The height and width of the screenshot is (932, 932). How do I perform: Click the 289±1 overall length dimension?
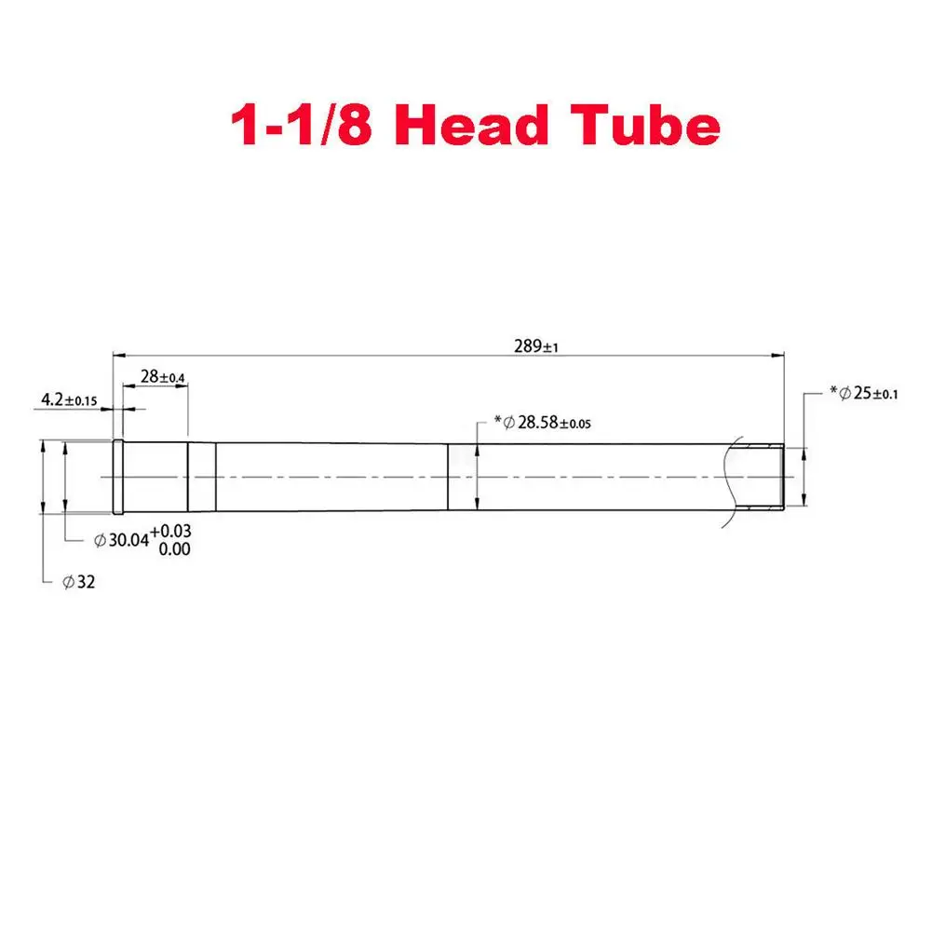click(536, 346)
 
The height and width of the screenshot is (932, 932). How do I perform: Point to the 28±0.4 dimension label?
click(162, 377)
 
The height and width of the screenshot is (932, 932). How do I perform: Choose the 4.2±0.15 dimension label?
click(69, 400)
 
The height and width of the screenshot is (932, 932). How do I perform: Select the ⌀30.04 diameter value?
click(122, 540)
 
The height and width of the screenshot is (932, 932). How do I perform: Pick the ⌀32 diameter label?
click(79, 582)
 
